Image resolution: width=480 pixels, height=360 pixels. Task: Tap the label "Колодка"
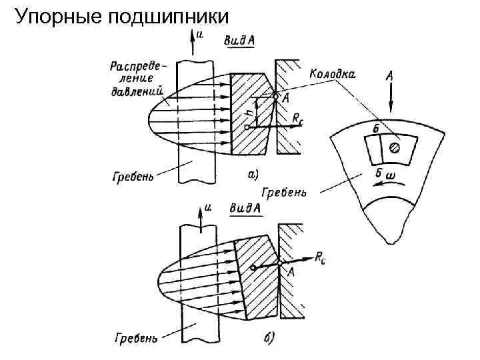click(x=332, y=75)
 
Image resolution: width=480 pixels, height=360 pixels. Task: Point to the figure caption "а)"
click(x=253, y=175)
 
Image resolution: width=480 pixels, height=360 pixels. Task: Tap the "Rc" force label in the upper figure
click(x=299, y=119)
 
